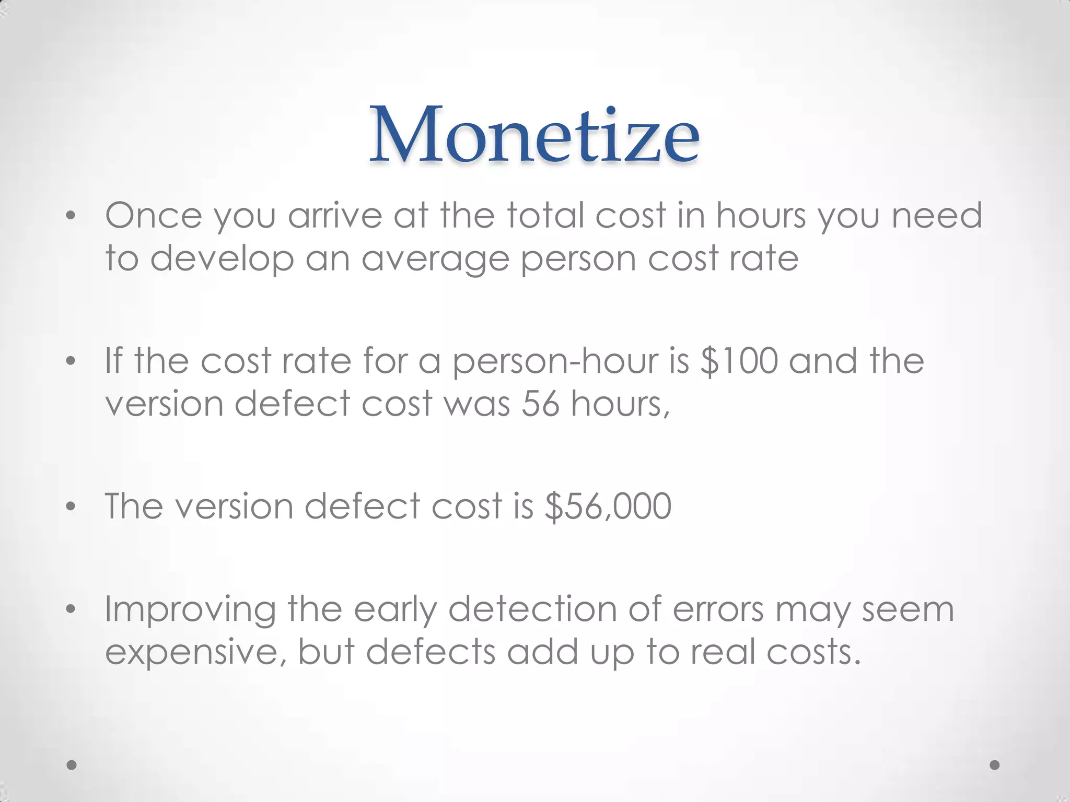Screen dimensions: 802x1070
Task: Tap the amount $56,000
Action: [x=608, y=506]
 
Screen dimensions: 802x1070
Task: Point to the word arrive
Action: [x=335, y=215]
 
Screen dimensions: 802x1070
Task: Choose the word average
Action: [x=435, y=259]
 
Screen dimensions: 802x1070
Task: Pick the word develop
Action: [x=222, y=259]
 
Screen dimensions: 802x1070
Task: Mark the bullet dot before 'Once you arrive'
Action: [x=72, y=216]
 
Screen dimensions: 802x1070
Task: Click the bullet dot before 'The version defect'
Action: [x=72, y=506]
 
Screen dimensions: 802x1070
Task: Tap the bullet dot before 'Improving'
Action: [x=72, y=609]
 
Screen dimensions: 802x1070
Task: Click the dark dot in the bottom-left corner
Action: [x=72, y=765]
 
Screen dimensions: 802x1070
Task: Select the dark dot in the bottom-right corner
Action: [x=995, y=765]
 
